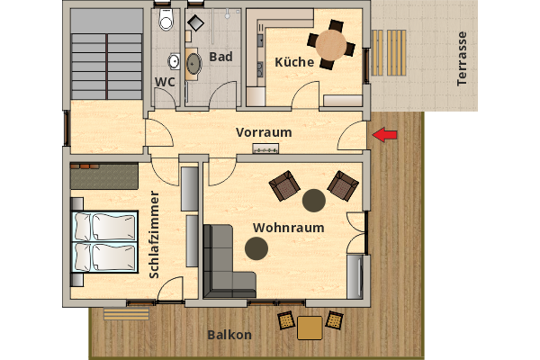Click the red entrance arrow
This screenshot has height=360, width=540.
click(385, 135)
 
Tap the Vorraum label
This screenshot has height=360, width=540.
click(264, 132)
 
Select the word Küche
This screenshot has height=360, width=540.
click(295, 62)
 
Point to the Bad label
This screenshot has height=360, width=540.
click(220, 57)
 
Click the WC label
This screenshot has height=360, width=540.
click(165, 82)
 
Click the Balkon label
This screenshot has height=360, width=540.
click(229, 335)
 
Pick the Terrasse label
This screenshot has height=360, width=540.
click(463, 58)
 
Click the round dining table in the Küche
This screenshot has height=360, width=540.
click(330, 43)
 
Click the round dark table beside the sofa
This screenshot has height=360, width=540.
click(256, 247)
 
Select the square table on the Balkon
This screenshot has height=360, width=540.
click(310, 328)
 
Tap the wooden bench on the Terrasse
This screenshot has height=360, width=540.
click(393, 51)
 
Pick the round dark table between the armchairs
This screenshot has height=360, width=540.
click(314, 199)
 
